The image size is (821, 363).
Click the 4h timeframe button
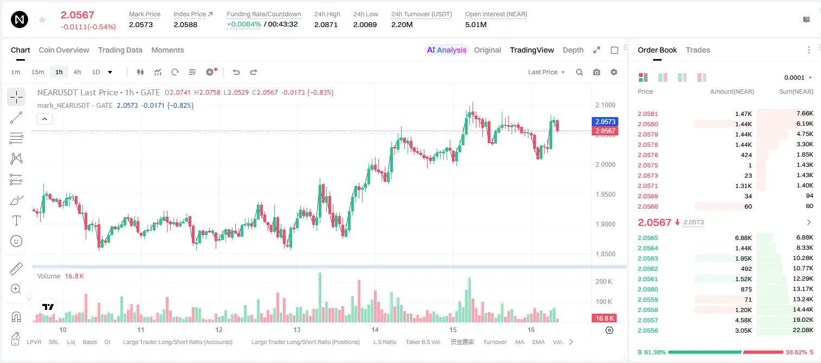(77, 72)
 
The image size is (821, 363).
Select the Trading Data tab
(120, 50)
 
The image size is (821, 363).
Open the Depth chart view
(573, 50)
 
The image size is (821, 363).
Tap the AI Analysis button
(447, 50)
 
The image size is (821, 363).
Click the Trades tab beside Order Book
(698, 50)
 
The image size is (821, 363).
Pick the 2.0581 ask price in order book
(648, 114)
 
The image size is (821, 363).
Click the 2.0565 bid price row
(648, 238)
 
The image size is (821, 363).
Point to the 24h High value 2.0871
(326, 24)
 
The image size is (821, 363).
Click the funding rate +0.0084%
(244, 24)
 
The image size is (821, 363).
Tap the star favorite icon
(42, 20)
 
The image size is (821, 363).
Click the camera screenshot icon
(597, 72)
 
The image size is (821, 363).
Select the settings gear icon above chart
(614, 72)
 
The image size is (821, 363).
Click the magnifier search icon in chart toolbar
(579, 72)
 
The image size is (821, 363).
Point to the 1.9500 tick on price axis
(605, 194)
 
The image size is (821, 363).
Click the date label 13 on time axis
(297, 329)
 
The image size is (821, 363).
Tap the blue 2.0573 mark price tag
(605, 121)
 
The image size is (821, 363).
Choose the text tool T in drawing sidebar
(16, 221)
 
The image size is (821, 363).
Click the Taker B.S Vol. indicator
(423, 342)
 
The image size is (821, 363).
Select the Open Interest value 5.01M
(476, 24)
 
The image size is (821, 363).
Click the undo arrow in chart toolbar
(236, 72)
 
